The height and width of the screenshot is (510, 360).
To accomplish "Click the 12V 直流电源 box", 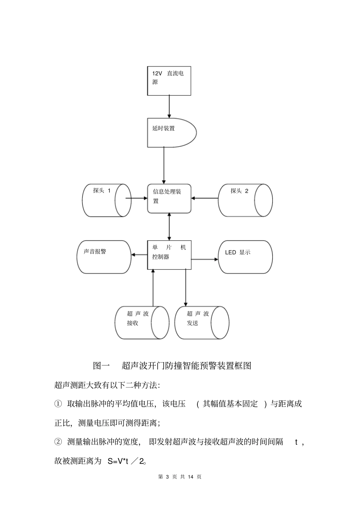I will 169,81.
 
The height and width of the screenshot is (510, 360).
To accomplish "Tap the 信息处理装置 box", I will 169,198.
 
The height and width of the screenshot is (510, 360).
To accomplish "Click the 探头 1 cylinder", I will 106,200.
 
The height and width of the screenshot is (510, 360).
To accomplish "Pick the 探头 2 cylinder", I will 245,200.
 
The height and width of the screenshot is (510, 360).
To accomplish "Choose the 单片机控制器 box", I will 169,255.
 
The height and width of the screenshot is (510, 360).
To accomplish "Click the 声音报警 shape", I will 104,257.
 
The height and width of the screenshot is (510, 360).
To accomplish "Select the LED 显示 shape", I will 245,257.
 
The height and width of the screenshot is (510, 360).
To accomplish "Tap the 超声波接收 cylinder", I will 141,323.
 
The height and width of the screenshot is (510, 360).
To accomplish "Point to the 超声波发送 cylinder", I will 202,323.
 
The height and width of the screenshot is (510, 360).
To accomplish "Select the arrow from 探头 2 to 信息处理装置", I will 205,198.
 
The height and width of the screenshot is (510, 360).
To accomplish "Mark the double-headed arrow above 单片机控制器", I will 169,226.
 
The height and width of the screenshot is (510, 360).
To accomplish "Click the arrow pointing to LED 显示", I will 205,259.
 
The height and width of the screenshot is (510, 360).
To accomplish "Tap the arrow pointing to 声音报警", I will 139,255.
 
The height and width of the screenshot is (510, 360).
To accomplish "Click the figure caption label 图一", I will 101,366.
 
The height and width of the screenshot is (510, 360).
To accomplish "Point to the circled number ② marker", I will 58,442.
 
